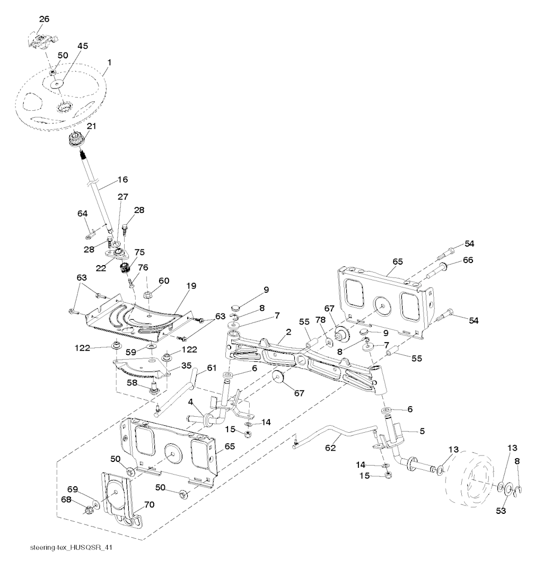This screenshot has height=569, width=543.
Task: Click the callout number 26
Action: click(44, 19)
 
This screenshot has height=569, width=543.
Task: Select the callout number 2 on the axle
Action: click(288, 332)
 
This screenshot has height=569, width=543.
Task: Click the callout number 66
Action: click(468, 260)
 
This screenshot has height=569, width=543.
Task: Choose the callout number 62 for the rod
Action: click(330, 448)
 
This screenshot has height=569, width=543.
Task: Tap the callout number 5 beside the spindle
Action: click(422, 431)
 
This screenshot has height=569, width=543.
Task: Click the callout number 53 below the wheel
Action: click(501, 511)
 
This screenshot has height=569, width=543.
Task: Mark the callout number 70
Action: click(149, 505)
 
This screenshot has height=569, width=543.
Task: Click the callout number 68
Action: click(66, 500)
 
